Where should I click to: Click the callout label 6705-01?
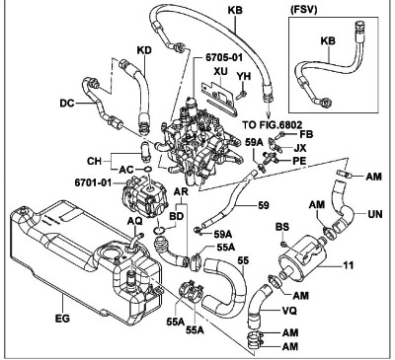pos(224,57)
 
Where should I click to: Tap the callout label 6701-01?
pos(93,182)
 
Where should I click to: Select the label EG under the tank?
pos(62,319)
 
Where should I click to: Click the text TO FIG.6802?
pos(273,125)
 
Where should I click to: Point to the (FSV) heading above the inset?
pos(304,10)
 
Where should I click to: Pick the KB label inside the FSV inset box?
pos(328,40)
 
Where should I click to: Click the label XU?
pos(220,71)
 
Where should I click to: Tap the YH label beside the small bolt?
pos(244,76)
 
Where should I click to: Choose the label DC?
pos(67,104)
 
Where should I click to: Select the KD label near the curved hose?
pos(144,50)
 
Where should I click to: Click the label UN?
pos(375,214)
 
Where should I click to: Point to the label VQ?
pos(289,311)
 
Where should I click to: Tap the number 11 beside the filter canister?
pos(348,265)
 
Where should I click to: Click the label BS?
pos(282,227)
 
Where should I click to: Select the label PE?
pos(299,161)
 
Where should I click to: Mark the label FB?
pos(306,134)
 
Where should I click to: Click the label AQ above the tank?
pos(134,221)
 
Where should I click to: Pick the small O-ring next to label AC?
pos(148,170)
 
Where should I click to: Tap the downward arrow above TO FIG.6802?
pos(270,110)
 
